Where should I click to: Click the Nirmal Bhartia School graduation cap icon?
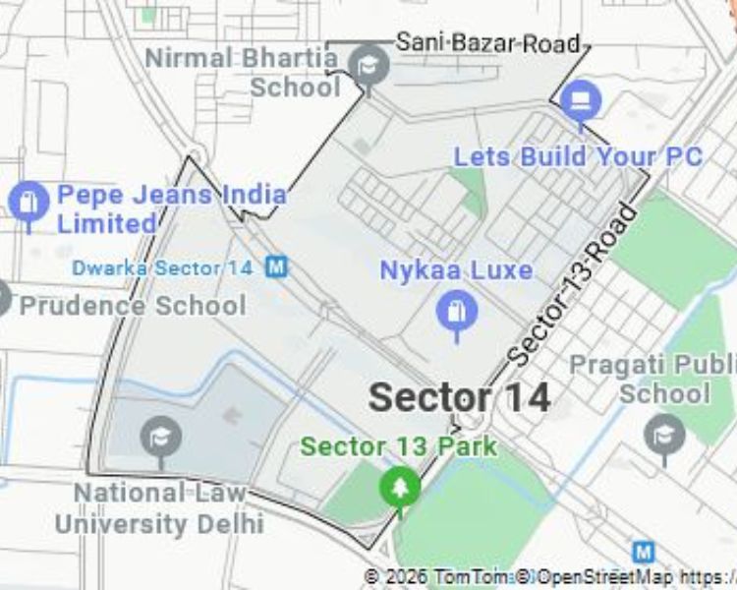pos(368,66)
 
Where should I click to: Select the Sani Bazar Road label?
pos(487,42)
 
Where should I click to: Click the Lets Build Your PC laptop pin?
pos(582,101)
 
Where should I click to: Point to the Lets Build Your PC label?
pos(578,156)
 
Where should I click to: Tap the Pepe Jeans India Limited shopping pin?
pos(28,202)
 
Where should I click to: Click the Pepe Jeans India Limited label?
pos(171,208)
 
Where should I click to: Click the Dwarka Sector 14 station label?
pos(162,267)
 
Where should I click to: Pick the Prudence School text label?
pos(133,306)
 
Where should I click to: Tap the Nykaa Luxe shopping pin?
pos(456,313)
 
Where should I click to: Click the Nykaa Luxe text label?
pos(456,270)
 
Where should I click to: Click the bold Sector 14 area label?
pos(459,397)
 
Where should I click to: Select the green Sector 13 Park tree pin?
pos(399,487)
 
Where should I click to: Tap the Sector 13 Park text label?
pos(398,446)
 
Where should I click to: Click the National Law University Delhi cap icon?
pos(160,436)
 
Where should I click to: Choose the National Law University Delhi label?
pos(159,506)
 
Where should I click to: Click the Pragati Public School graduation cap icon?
pos(664,433)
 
